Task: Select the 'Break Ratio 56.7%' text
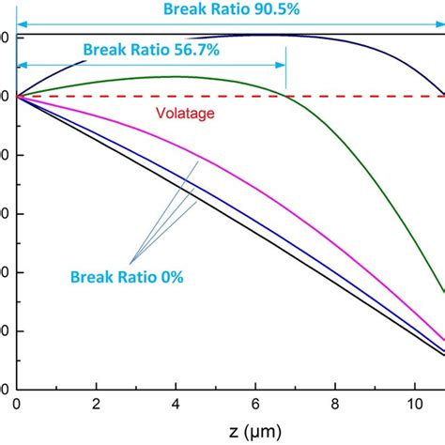(x=150, y=49)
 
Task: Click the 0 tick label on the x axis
(x=17, y=405)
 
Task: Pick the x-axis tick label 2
(x=96, y=405)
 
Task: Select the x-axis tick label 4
(x=176, y=405)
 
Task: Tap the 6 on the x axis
(x=255, y=405)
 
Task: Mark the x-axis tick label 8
(x=335, y=405)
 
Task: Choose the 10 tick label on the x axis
(x=414, y=405)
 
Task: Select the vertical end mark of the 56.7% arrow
(x=285, y=75)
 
